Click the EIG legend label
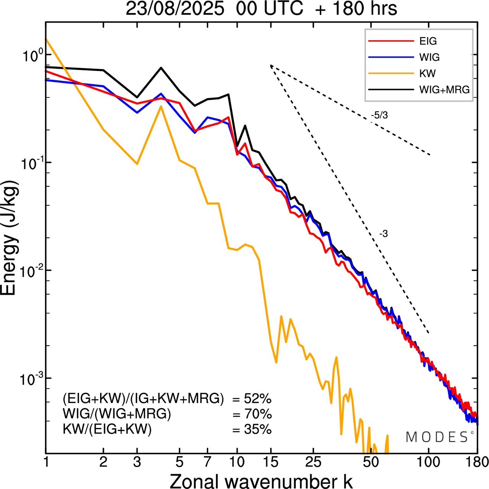[x=428, y=41]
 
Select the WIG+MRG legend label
[x=444, y=90]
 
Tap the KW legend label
[x=427, y=73]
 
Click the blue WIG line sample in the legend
[x=391, y=57]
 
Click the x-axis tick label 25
[x=313, y=462]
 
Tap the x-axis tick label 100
[x=428, y=462]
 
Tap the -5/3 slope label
[x=379, y=115]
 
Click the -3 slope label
[x=384, y=234]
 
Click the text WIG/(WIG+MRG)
[x=117, y=414]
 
